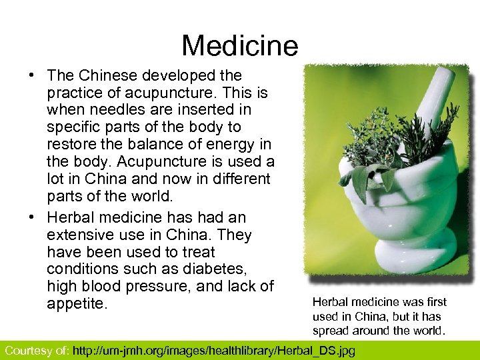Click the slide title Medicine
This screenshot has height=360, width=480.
(239, 46)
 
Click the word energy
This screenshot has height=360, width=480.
(232, 144)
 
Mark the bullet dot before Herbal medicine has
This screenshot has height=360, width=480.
(32, 217)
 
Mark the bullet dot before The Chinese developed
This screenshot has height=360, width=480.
(32, 76)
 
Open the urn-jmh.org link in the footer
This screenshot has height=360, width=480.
(213, 350)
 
